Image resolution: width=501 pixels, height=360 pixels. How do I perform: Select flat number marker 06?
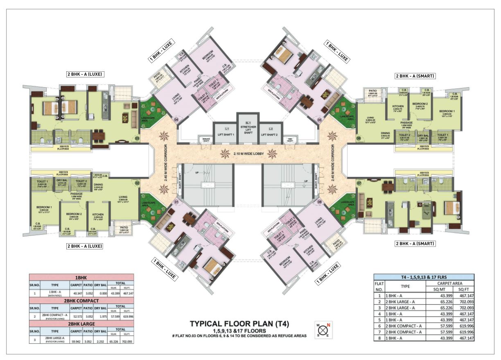coord(358,139)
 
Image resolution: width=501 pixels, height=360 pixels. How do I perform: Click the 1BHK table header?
coord(81,277)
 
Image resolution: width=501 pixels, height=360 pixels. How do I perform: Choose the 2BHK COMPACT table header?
coord(81,300)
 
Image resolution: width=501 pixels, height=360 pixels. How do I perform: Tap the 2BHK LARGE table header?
coord(81,324)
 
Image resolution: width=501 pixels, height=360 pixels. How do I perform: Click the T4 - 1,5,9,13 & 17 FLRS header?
coord(424,276)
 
